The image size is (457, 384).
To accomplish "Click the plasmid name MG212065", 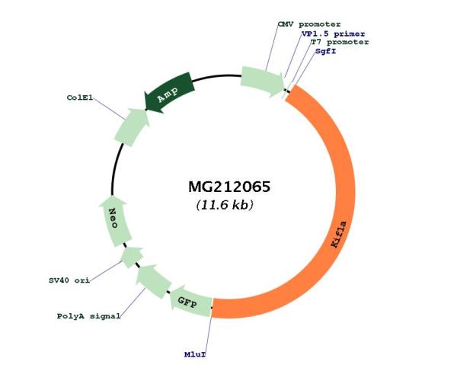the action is tap(229, 187).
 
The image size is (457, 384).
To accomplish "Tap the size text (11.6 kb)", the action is tap(225, 205).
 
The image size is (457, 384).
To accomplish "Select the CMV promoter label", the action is tap(309, 24).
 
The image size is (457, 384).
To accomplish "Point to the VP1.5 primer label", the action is tap(333, 34).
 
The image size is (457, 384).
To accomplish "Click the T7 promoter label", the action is tap(340, 42).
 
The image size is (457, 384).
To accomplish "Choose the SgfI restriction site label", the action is tap(325, 51).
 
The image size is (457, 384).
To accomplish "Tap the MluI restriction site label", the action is tap(195, 354).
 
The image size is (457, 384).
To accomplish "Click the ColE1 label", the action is tap(80, 98).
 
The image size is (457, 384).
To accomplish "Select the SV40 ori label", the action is tap(69, 280).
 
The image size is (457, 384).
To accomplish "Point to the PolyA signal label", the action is tap(88, 316).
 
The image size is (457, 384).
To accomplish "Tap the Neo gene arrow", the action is tap(114, 221).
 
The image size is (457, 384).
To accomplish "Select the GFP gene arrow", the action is tap(190, 302).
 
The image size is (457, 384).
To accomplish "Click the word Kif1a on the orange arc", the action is tap(339, 235).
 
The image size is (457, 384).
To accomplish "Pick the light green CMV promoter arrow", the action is tap(262, 82).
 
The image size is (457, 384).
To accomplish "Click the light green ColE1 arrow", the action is tap(132, 127).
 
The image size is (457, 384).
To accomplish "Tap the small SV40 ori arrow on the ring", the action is tap(132, 257).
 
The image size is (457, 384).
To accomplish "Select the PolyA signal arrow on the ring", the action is tap(153, 281).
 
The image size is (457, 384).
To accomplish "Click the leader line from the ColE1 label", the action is tap(109, 108).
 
